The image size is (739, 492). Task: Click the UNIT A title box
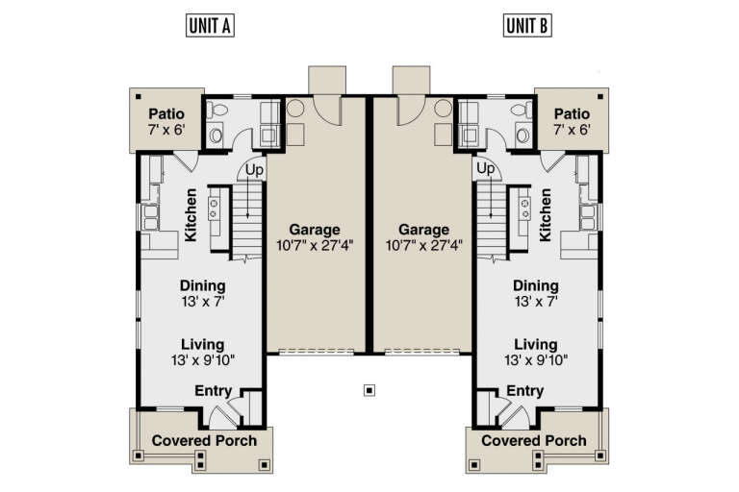(210, 26)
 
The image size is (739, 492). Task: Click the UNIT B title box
(528, 26)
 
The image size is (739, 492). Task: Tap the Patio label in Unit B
(571, 113)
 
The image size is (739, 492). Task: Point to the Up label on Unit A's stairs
(254, 170)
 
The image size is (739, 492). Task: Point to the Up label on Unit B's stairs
(486, 169)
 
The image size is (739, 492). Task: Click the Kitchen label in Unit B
(547, 214)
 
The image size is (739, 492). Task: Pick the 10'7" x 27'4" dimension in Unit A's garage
(315, 245)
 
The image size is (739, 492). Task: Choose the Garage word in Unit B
(424, 230)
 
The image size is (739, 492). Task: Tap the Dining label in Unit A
(202, 285)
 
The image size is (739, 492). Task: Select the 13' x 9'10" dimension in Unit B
(535, 360)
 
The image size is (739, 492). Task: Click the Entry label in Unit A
(214, 390)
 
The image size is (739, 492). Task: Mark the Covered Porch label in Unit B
(533, 440)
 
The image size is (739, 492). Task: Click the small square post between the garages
(369, 390)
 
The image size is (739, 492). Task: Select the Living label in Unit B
(535, 344)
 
